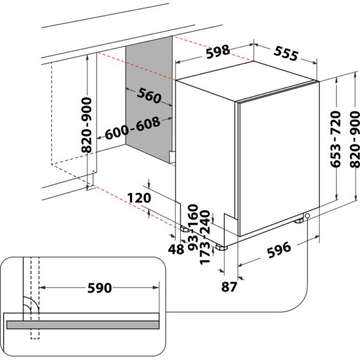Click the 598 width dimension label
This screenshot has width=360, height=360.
pyautogui.click(x=216, y=52)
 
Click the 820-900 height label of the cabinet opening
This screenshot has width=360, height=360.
pyautogui.click(x=88, y=120)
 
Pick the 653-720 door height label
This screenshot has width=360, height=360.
pyautogui.click(x=335, y=139)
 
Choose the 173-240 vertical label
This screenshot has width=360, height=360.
pyautogui.click(x=206, y=238)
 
